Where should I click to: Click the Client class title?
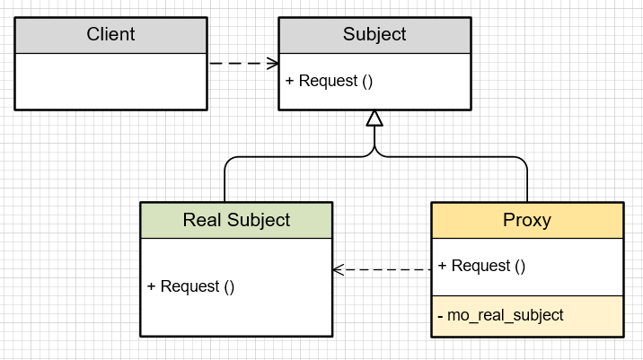(110, 35)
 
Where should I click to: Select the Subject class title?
(374, 35)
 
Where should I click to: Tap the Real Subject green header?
(236, 220)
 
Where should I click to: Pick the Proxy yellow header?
(527, 220)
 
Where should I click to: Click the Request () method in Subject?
(335, 81)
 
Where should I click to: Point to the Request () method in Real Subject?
(197, 286)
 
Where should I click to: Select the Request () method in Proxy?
(488, 266)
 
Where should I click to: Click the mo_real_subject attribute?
(506, 315)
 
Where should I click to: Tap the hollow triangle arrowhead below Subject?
(374, 119)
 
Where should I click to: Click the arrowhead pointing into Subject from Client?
(273, 63)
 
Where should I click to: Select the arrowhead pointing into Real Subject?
(339, 268)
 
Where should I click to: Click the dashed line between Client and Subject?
(238, 63)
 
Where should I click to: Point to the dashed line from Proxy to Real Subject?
(386, 268)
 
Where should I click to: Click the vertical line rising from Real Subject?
(225, 184)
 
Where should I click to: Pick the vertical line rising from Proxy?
(527, 184)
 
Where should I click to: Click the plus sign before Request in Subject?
(290, 81)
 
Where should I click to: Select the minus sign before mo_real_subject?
(441, 315)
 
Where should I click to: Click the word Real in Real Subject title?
(201, 220)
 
